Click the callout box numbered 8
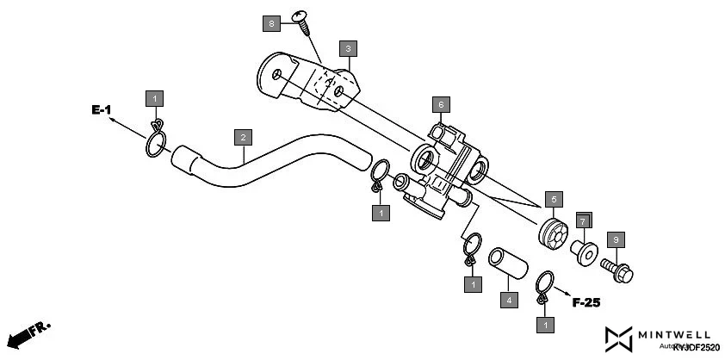point(271,23)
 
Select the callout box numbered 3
point(348,49)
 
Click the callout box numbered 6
point(440,105)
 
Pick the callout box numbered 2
point(244,137)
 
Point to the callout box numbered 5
point(553,199)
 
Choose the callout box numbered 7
point(582,221)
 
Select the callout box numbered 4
point(509,301)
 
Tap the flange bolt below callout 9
point(618,269)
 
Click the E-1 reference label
point(102,110)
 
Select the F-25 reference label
point(586,302)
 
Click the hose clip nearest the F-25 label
point(543,286)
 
